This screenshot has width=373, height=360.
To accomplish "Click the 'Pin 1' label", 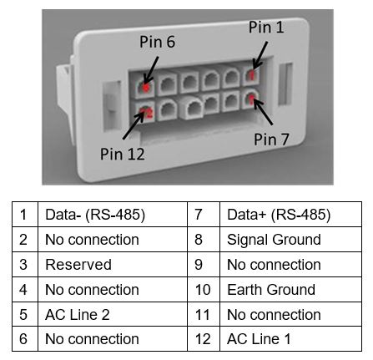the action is tap(266, 27).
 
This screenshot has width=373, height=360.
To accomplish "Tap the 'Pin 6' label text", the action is tap(157, 42).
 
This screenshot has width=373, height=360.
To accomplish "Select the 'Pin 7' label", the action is tap(271, 139).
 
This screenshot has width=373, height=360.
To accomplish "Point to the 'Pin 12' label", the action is tap(123, 154).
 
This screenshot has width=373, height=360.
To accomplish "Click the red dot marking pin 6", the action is tap(146, 88).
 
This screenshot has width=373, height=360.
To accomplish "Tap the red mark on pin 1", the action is tap(251, 74).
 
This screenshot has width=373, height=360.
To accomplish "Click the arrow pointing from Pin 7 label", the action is tap(263, 112).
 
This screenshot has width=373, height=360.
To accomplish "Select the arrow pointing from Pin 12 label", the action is tap(134, 125).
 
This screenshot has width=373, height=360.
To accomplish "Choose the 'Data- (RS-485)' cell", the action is tap(113, 215).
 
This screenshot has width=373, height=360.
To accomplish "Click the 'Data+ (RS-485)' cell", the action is tap(290, 215).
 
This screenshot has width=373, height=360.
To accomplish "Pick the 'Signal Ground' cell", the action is tap(290, 240).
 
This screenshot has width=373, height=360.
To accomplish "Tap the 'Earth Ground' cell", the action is tap(290, 290).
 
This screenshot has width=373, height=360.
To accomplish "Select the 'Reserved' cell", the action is tap(113, 265).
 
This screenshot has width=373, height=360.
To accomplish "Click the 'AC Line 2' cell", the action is tap(113, 314).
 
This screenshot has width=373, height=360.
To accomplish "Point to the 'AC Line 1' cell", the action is tap(290, 339).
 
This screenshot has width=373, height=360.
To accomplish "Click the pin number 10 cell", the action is tap(204, 290).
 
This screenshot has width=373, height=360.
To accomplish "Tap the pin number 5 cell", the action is tap(25, 314).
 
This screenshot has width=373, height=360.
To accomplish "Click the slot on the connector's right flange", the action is tap(285, 84).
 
